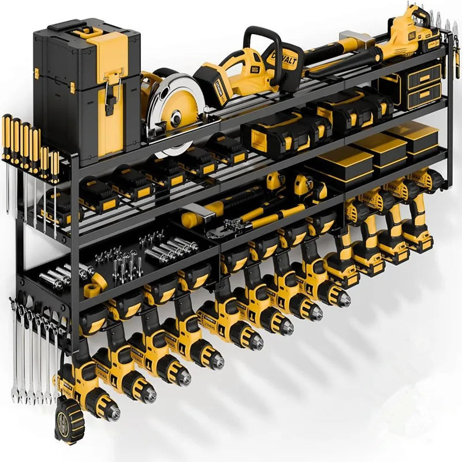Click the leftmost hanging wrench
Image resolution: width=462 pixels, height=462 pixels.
coord(15,352)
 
